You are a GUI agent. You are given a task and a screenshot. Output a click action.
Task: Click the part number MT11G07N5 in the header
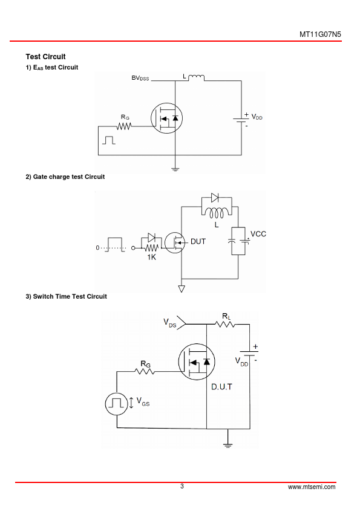click(x=320, y=34)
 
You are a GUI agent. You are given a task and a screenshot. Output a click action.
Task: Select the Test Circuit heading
click(x=45, y=57)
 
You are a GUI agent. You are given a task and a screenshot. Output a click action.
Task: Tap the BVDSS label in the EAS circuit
click(x=140, y=78)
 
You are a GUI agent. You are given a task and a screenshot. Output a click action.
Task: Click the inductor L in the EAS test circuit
click(x=197, y=77)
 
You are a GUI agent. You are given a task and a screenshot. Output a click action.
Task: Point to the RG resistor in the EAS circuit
click(x=125, y=126)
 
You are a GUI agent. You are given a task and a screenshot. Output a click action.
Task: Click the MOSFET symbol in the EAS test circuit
click(x=166, y=118)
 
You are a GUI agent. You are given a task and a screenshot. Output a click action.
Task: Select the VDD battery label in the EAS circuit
click(x=257, y=117)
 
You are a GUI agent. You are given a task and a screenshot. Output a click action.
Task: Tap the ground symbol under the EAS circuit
click(x=175, y=169)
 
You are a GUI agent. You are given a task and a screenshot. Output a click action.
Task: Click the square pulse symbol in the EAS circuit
click(x=108, y=140)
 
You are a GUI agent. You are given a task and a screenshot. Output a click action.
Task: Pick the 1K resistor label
click(x=151, y=257)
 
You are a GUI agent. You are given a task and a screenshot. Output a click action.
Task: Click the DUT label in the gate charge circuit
click(x=198, y=242)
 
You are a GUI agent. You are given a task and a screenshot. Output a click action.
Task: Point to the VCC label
click(x=258, y=234)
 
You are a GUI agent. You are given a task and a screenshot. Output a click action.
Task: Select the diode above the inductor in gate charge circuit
click(x=215, y=197)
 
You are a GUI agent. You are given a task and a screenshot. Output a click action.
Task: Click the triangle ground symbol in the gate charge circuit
click(x=182, y=288)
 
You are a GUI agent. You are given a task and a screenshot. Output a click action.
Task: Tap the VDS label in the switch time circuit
click(x=169, y=323)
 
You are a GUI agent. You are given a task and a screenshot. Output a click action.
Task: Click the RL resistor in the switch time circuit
click(x=225, y=324)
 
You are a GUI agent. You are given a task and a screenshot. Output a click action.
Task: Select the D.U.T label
click(x=221, y=387)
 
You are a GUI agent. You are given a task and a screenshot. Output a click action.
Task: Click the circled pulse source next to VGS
click(x=117, y=404)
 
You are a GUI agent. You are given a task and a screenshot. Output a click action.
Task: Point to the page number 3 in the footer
click(x=182, y=486)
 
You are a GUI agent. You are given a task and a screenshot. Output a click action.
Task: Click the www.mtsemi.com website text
click(x=312, y=487)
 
